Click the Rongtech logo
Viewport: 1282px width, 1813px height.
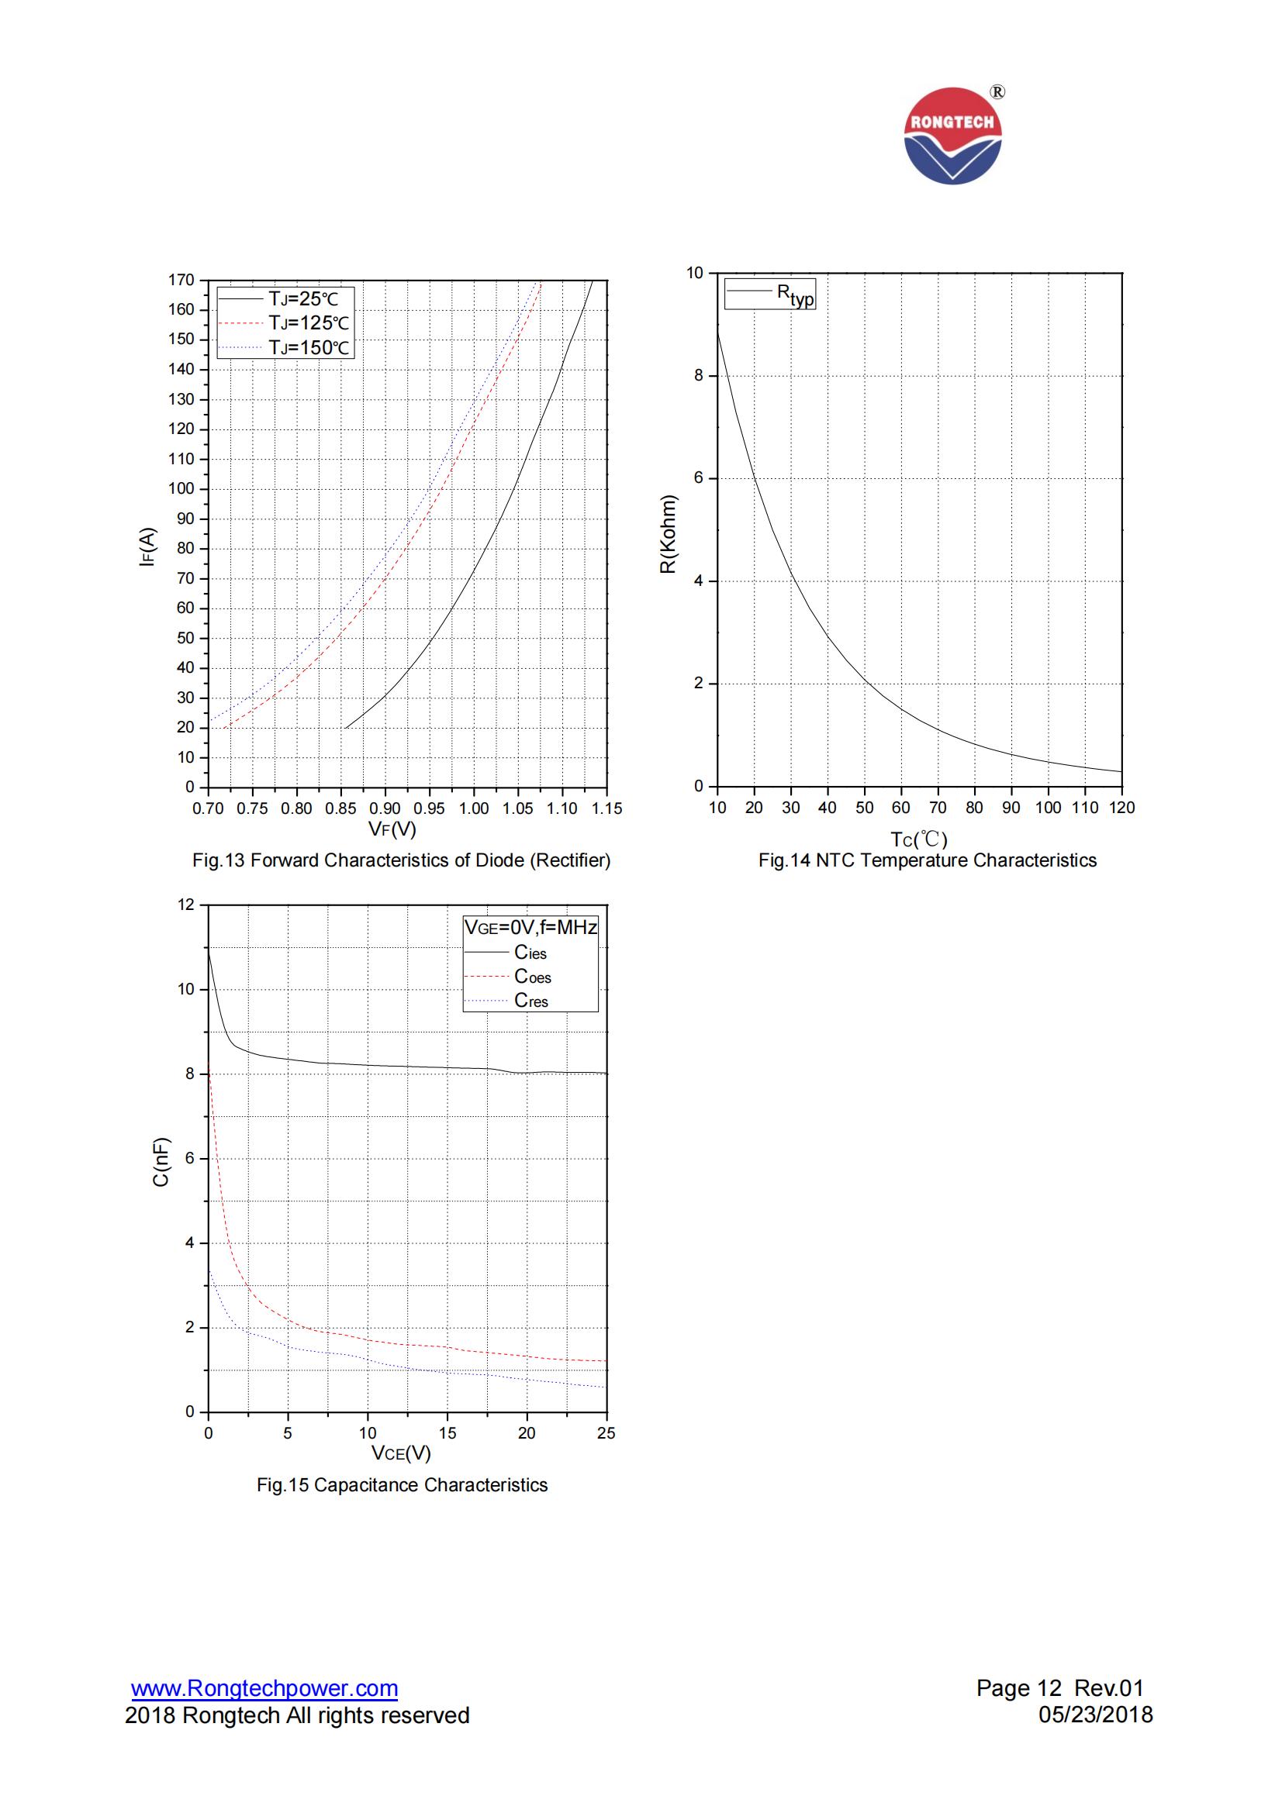[952, 136]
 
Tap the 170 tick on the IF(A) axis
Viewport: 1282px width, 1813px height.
[181, 281]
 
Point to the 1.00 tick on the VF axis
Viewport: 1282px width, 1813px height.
[473, 808]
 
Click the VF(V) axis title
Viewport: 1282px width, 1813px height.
[392, 829]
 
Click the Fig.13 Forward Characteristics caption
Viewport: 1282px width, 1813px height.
[401, 860]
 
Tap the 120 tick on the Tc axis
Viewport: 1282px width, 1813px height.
[1121, 808]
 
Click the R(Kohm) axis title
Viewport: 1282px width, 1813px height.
[669, 534]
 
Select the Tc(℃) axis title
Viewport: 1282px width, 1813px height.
[918, 839]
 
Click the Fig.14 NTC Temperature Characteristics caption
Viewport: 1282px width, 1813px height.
[928, 860]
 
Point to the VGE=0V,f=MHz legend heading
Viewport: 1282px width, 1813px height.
[530, 928]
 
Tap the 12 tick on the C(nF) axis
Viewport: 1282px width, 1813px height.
[185, 905]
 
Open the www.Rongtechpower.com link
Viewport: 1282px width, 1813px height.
[264, 1688]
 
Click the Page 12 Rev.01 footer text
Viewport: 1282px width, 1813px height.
[1059, 1688]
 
